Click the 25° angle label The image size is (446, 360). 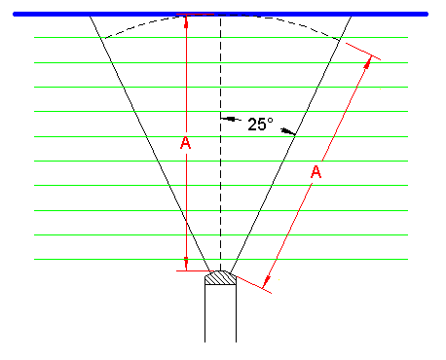pos(260,125)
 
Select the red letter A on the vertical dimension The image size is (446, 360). pos(186,144)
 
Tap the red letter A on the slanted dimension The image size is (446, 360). pos(316,172)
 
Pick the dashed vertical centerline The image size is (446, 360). pos(221,195)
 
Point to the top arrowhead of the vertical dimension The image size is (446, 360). pos(185,20)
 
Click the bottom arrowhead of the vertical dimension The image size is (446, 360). pos(185,264)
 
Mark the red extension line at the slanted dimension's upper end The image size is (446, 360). pos(361,52)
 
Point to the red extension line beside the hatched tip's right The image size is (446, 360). pos(251,281)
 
